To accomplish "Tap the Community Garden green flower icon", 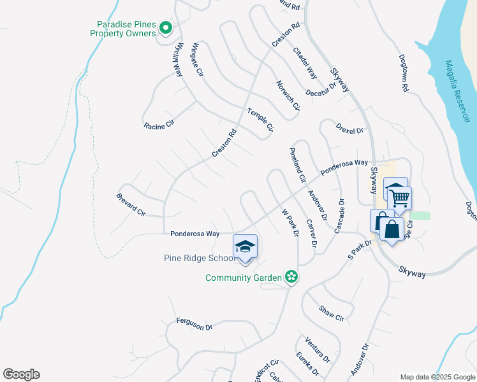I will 291,277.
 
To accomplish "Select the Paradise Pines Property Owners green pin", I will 166,27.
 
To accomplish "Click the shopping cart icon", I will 400,198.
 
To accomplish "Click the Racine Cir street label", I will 159,126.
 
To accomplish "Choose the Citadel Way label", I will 305,62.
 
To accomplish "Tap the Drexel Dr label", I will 350,129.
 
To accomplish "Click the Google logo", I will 21,374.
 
